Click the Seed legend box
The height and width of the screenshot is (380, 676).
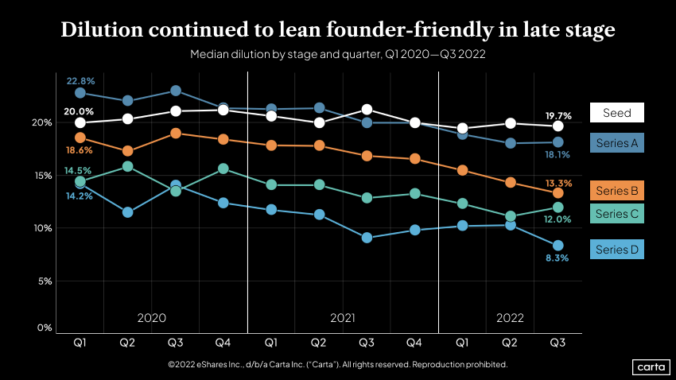click(x=616, y=113)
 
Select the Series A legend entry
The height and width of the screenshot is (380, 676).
click(x=616, y=142)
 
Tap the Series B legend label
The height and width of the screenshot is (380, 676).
click(x=616, y=191)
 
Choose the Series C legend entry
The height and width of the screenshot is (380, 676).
click(x=616, y=214)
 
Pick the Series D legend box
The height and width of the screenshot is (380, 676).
click(x=616, y=250)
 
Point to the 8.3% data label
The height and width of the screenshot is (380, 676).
click(x=557, y=259)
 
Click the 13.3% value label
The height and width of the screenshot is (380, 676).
click(x=557, y=182)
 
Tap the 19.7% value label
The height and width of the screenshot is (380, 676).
click(x=557, y=115)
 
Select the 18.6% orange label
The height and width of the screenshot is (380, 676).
click(x=80, y=150)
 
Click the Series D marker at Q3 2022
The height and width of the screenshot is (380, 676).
click(x=558, y=246)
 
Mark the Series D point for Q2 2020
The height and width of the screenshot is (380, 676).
click(x=128, y=212)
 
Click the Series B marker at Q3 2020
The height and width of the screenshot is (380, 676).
click(x=176, y=133)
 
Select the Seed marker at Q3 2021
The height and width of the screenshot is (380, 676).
click(x=367, y=110)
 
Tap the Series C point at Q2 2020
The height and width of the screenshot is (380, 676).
click(x=128, y=167)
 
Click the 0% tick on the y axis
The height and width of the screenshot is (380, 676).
click(x=45, y=328)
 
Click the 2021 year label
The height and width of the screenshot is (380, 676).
click(x=343, y=317)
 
